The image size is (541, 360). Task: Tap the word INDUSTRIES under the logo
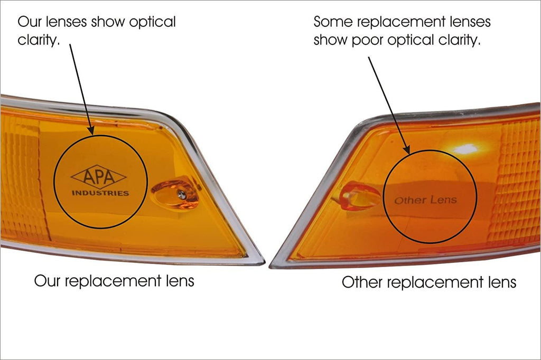pyautogui.click(x=100, y=193)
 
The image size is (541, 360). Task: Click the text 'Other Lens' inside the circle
pyautogui.click(x=425, y=200)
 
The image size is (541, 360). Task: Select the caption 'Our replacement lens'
pyautogui.click(x=114, y=280)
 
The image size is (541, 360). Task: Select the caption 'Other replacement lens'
pyautogui.click(x=428, y=282)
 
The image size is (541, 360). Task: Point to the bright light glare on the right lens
pyautogui.click(x=465, y=149)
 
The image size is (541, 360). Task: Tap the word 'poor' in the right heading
pyautogui.click(x=367, y=41)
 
